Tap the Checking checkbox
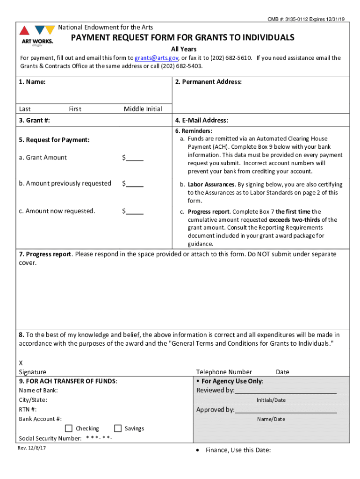[x=69, y=428]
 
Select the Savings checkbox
[x=118, y=428]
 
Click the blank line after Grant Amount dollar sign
[x=135, y=158]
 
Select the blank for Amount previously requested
[x=135, y=184]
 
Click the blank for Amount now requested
[x=135, y=211]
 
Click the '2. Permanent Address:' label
[x=208, y=82]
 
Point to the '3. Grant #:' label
[x=35, y=120]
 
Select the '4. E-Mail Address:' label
[x=202, y=120]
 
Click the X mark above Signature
[x=21, y=363]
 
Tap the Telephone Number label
[x=224, y=372]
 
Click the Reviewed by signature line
[x=285, y=391]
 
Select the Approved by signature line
[x=286, y=410]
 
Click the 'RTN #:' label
[x=28, y=409]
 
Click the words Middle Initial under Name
[x=143, y=109]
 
